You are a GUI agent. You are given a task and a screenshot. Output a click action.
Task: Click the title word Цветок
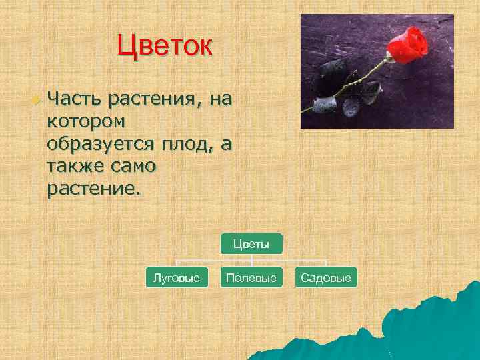165,47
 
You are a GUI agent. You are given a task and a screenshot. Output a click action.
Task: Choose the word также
75,166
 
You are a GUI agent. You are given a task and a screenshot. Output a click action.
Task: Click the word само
133,166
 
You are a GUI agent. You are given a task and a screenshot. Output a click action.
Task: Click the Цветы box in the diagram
251,244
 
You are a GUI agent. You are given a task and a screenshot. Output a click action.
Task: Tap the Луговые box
177,277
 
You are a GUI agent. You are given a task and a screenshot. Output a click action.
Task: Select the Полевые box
251,277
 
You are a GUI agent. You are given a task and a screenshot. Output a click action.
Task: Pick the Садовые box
326,277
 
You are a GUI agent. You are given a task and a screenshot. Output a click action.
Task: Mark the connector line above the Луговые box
177,263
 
